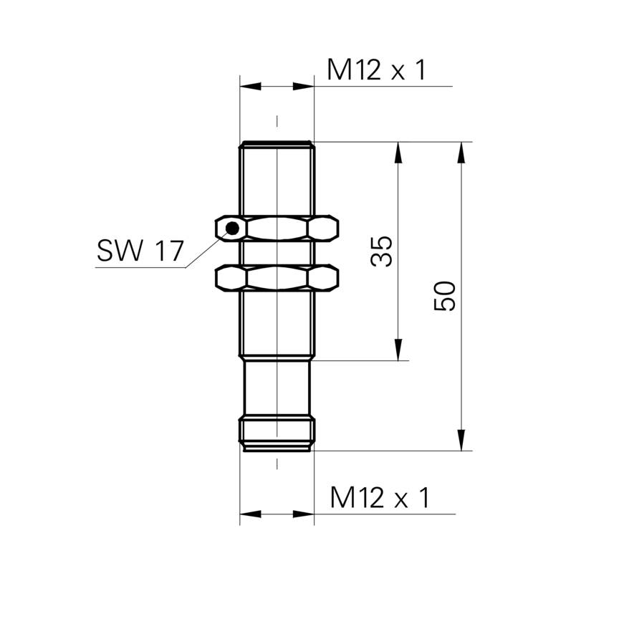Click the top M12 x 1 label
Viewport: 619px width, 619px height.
[x=377, y=70]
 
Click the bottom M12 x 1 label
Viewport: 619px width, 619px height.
[x=380, y=498]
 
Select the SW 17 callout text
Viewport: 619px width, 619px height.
[x=140, y=250]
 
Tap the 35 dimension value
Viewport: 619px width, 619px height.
[x=382, y=251]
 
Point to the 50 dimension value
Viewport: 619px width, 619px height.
[x=445, y=296]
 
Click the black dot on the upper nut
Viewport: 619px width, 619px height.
[x=233, y=228]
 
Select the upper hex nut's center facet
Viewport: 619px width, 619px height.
[x=277, y=228]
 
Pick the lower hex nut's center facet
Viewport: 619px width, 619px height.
[x=277, y=278]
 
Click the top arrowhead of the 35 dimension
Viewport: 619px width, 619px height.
[x=398, y=152]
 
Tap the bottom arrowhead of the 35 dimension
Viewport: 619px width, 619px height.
[x=398, y=350]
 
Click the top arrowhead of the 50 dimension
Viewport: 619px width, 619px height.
[x=461, y=152]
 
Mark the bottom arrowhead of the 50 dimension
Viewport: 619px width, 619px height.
[x=461, y=440]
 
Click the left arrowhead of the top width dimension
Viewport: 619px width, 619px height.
[x=250, y=86]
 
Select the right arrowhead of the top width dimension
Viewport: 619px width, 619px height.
[x=304, y=86]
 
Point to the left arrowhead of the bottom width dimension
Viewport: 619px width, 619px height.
[x=250, y=514]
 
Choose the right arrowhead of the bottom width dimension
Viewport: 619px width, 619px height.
[x=304, y=514]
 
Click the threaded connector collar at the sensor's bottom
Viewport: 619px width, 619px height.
[x=277, y=433]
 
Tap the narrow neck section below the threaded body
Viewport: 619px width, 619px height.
[x=277, y=388]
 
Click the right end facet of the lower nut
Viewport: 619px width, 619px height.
[x=323, y=278]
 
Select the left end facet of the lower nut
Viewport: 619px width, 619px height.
[x=231, y=278]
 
